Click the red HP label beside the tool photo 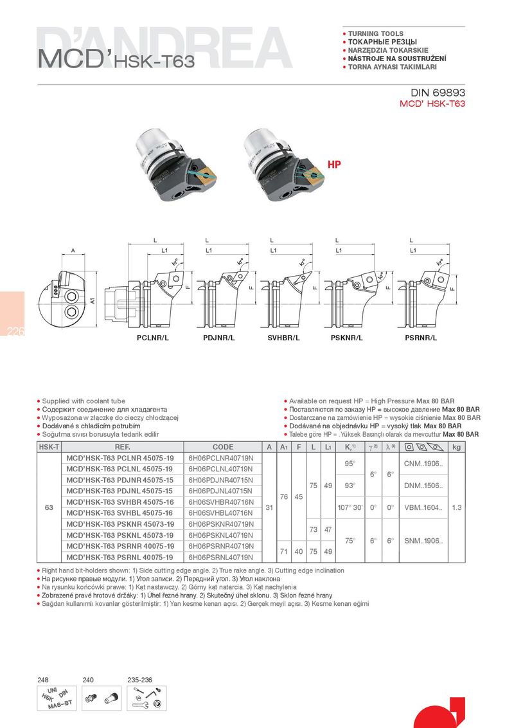click(334, 164)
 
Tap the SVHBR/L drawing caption click(284, 337)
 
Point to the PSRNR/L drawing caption click(421, 337)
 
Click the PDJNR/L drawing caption click(218, 337)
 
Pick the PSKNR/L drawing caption click(347, 337)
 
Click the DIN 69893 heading click(433, 93)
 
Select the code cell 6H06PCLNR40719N click(221, 458)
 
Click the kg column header click(457, 447)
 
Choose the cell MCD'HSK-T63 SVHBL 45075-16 click(120, 513)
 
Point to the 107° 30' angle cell click(351, 507)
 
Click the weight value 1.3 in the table click(457, 507)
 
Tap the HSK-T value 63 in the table click(48, 507)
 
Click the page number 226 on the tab click(15, 332)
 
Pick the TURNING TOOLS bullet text click(375, 33)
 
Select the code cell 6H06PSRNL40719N click(221, 557)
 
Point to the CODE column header click(223, 447)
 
